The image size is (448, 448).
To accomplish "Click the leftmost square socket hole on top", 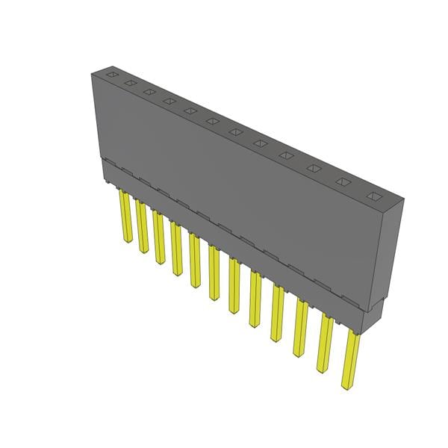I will coord(111,75).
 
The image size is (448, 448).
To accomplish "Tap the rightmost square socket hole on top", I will coord(374,198).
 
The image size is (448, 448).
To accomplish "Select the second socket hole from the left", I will coord(130,83).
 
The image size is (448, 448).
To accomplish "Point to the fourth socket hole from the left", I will coord(169,101).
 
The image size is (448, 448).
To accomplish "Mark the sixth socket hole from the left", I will coord(213,121).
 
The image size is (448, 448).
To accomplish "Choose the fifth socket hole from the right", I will coord(261,143).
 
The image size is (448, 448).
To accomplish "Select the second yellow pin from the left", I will coord(141,226).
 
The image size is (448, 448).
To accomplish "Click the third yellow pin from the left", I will coord(158,237).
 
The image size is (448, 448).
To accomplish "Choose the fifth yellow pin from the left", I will coord(195,261).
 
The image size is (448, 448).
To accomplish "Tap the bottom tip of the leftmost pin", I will coord(125,240).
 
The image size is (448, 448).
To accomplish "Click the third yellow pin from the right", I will coord(300,329).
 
